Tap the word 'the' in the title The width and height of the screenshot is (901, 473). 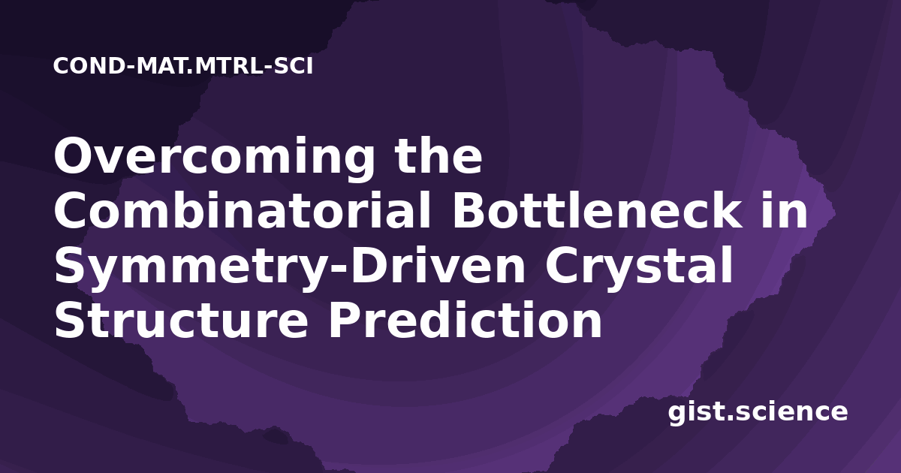coord(438,155)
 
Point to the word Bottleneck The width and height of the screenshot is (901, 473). coord(597,209)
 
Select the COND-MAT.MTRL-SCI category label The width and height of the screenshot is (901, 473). coord(183,66)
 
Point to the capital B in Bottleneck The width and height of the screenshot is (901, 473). coord(470,210)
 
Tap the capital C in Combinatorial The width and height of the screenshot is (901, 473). coord(71,210)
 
